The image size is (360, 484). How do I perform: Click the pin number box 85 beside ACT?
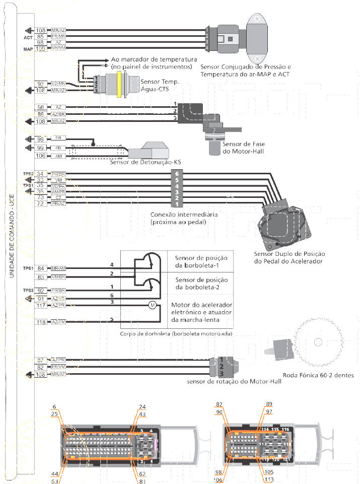[41, 37]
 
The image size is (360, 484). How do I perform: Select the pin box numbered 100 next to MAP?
[41, 48]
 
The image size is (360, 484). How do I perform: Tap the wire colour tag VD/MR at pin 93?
[58, 84]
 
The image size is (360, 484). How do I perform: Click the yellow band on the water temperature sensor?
[119, 83]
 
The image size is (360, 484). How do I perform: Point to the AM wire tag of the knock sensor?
[58, 156]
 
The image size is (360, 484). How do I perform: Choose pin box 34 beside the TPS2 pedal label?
[41, 174]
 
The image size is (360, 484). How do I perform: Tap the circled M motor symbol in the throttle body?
[151, 305]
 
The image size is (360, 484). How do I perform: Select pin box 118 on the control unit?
[41, 322]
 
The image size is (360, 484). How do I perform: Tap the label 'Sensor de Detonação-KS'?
[146, 162]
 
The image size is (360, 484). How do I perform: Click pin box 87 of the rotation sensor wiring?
[41, 360]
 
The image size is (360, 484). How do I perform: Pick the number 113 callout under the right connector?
[269, 478]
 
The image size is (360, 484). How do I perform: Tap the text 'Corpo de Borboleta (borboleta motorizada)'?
[176, 334]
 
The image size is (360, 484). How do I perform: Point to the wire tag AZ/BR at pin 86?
[58, 114]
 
